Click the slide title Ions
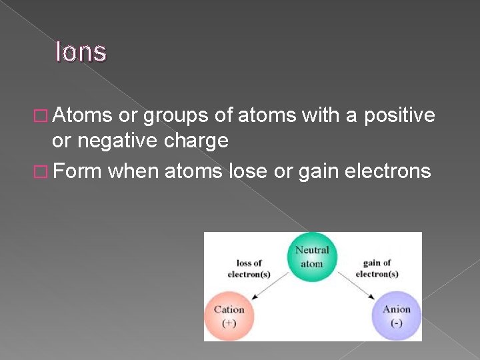(81, 51)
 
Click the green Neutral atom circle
(312, 256)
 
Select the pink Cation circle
(229, 315)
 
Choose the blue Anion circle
(396, 315)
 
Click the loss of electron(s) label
(249, 269)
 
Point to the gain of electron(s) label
(377, 269)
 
